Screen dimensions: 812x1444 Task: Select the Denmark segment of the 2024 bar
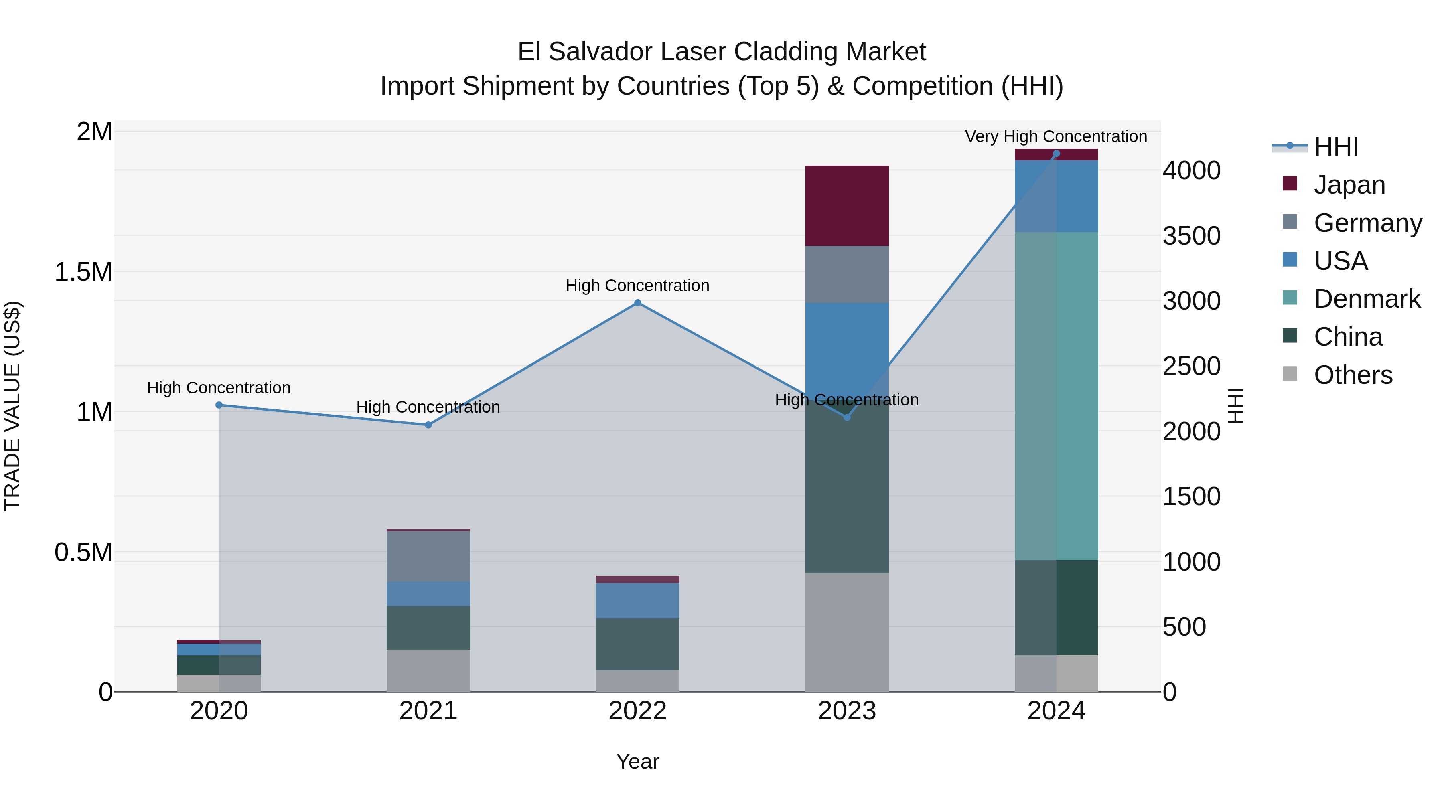(x=1056, y=396)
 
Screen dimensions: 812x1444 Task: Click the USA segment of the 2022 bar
(x=637, y=600)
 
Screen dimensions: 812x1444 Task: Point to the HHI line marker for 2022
(x=637, y=303)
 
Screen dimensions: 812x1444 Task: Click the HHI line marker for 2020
(x=219, y=405)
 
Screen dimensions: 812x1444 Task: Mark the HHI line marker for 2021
(x=428, y=425)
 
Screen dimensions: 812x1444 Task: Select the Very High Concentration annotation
(x=1056, y=136)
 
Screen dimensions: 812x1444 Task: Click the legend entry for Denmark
(x=1366, y=299)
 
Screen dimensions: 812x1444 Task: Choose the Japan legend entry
(x=1349, y=184)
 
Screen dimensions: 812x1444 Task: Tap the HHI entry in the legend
(x=1335, y=147)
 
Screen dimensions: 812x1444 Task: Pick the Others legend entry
(x=1352, y=375)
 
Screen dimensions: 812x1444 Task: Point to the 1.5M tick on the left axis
(x=83, y=272)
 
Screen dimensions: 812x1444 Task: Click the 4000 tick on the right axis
(x=1191, y=170)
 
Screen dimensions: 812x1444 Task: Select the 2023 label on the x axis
(x=846, y=711)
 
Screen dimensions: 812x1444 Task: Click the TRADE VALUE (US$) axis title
(x=12, y=406)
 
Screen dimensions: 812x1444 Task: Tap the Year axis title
(x=637, y=761)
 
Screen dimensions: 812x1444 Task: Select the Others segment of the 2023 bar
(x=846, y=632)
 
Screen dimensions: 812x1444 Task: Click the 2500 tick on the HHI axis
(x=1191, y=366)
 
